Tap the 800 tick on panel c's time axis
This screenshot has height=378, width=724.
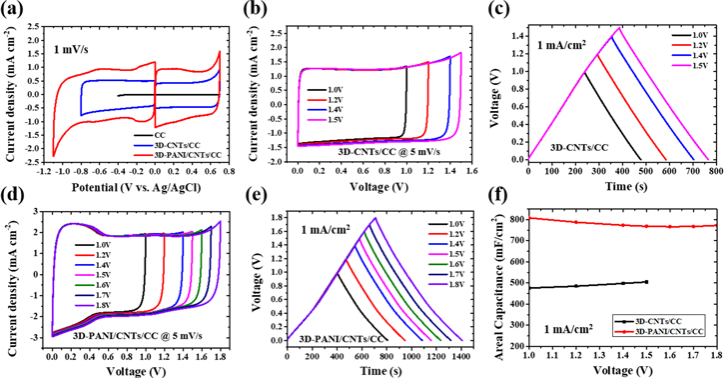714,170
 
